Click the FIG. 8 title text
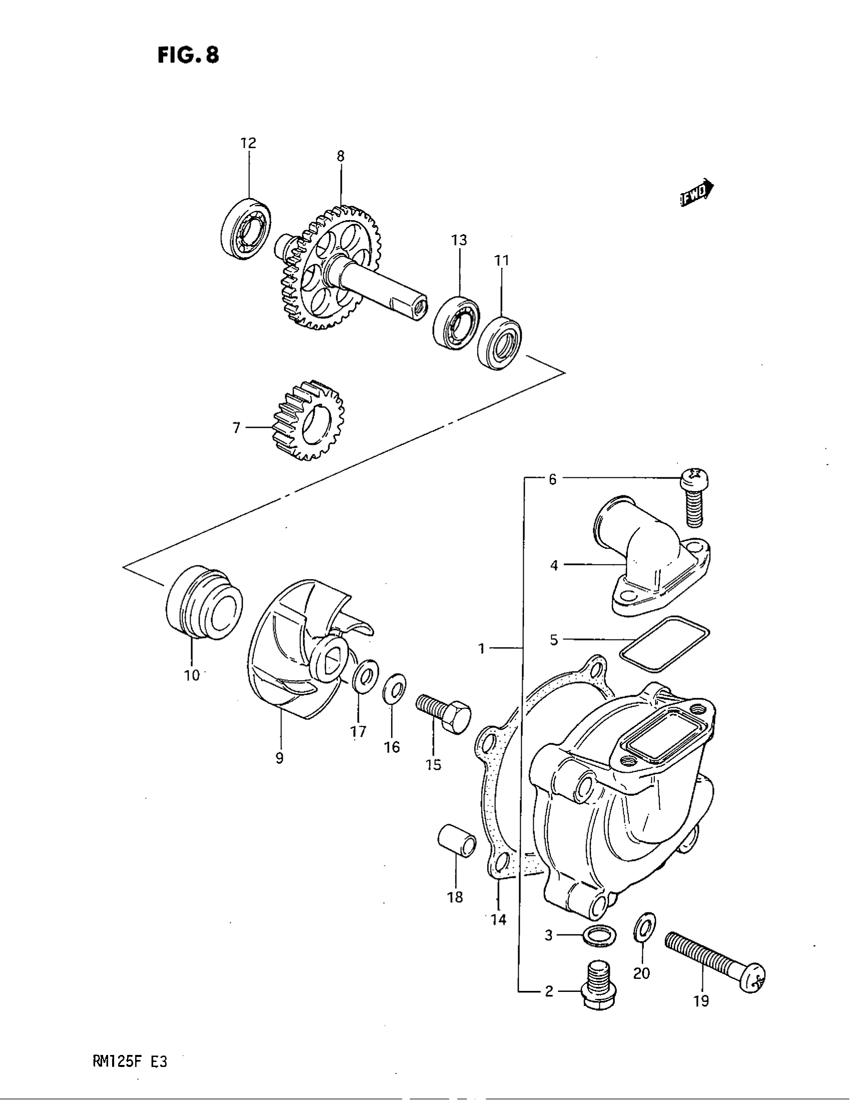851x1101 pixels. (188, 55)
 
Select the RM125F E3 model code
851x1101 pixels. (130, 1061)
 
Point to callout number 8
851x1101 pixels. (340, 156)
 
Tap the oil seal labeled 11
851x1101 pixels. (500, 343)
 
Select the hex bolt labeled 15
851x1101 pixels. (444, 712)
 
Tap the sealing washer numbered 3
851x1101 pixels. (599, 935)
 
